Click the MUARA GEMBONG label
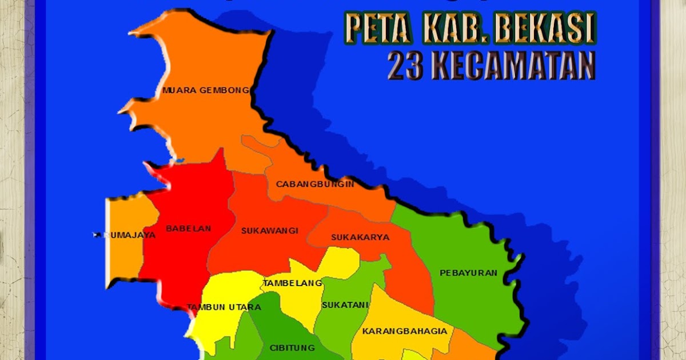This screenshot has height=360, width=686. pos(205,90)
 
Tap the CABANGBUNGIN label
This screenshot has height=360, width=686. pos(315,184)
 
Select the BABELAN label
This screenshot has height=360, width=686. pos(189,229)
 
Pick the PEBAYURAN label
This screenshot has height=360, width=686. pos(468,273)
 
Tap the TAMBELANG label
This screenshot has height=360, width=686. pos(292,283)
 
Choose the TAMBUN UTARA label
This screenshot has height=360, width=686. pos(224,307)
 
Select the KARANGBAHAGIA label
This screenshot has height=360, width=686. pos(405,331)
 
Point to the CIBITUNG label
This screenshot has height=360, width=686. pos(292,347)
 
